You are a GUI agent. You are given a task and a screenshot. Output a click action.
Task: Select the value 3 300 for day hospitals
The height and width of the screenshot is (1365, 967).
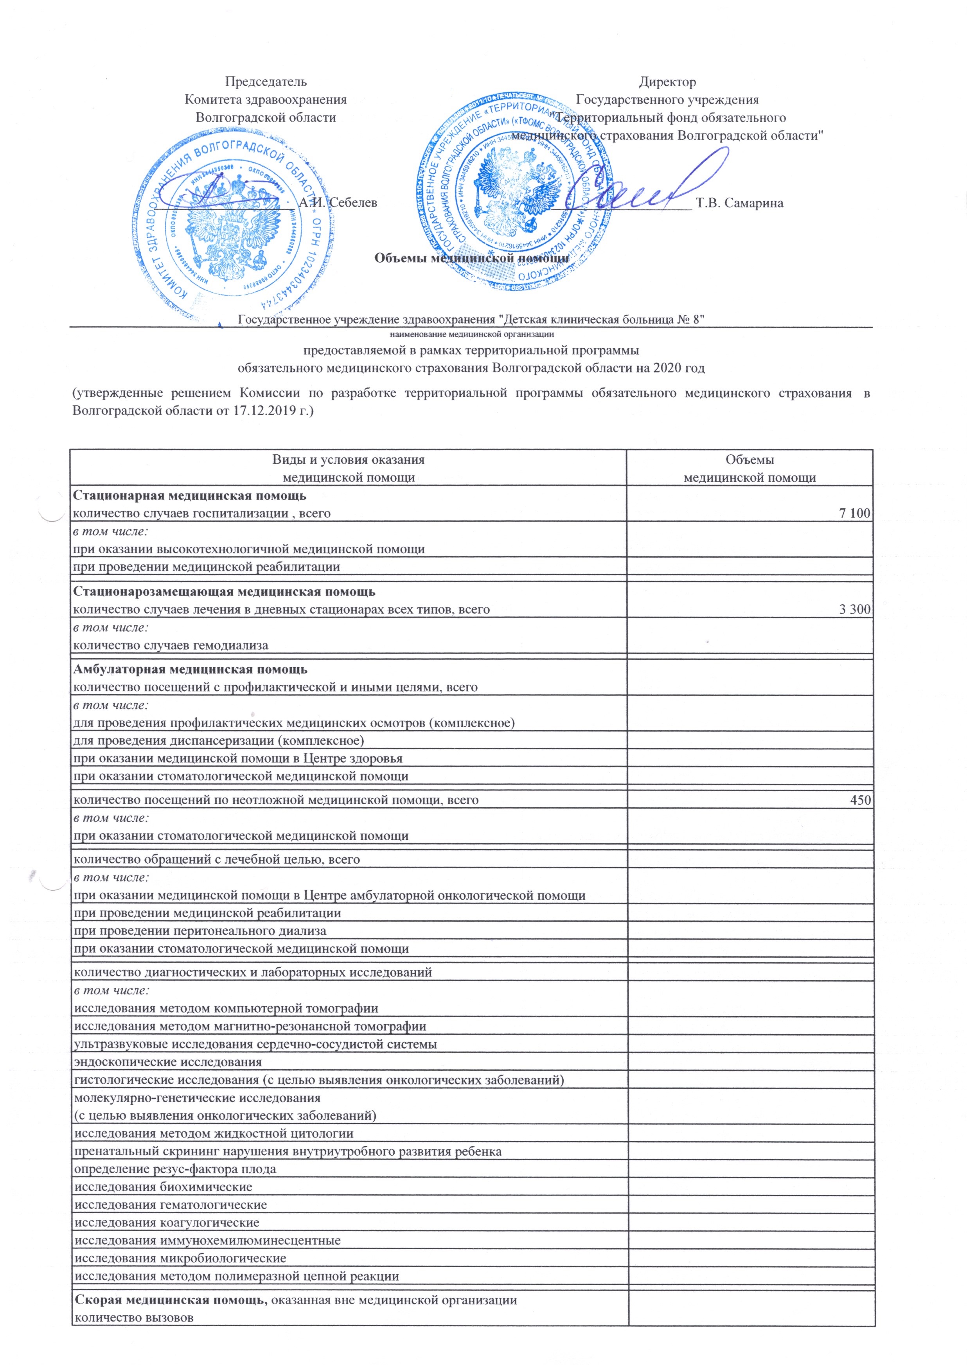(x=854, y=609)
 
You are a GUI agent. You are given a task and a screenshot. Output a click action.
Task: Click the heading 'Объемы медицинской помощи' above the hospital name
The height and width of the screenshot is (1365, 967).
(x=471, y=258)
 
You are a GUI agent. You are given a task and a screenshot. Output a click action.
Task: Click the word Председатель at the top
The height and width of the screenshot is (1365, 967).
(x=266, y=81)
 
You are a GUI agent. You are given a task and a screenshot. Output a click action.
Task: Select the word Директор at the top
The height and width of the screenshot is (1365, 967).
(x=667, y=81)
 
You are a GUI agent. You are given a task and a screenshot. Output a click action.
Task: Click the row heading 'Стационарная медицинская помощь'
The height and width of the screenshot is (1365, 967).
(x=189, y=495)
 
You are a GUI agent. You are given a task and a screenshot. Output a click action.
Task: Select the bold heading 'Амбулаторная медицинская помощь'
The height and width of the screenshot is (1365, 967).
(x=190, y=670)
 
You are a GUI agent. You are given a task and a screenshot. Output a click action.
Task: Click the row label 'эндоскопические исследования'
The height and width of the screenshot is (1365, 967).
(x=167, y=1062)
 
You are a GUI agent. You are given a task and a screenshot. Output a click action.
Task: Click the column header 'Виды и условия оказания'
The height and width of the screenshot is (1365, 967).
(x=348, y=460)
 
